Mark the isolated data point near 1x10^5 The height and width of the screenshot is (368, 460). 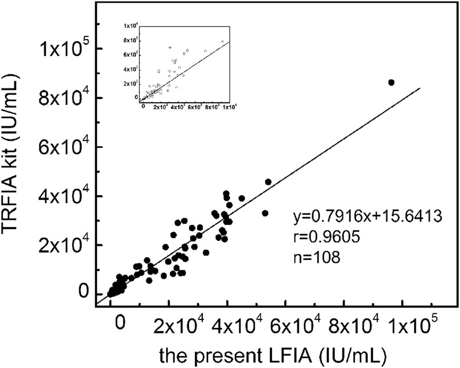(391, 82)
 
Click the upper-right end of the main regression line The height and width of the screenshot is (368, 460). (419, 89)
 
